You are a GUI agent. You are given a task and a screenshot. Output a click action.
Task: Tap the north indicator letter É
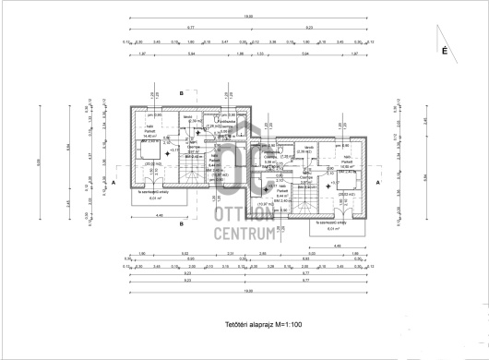tap(445, 53)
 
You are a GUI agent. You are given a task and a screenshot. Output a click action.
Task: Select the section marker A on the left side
tap(113, 184)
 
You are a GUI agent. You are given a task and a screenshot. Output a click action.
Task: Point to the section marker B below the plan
tap(182, 222)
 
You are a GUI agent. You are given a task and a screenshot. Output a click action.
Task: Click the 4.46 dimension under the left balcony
tap(158, 216)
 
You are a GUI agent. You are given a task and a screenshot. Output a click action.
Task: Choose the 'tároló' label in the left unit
tap(187, 117)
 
